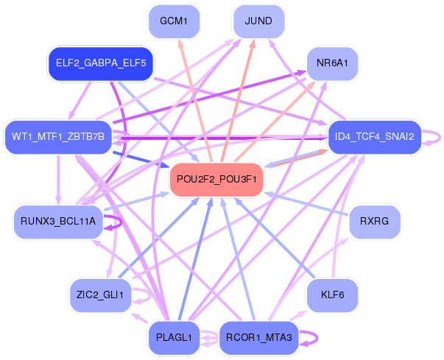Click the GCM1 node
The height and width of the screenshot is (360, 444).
coord(174,21)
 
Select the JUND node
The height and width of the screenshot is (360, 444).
coord(258,21)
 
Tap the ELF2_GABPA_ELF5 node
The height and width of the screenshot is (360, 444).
coord(100,63)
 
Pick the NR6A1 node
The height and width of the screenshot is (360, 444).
coord(332,63)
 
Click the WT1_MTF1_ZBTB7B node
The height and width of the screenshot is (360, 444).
coord(58,136)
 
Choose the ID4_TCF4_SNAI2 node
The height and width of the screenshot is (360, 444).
coord(374,136)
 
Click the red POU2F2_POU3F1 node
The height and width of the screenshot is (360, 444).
coord(216,180)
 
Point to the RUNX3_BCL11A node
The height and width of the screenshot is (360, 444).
coord(58,222)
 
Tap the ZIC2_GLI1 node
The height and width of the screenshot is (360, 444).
coord(100,295)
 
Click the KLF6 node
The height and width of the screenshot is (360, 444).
coord(332,295)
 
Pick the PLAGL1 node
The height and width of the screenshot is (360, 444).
coord(174,337)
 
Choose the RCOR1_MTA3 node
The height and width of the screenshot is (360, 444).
coord(258,337)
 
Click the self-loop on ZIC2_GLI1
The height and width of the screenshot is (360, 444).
coord(150,295)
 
